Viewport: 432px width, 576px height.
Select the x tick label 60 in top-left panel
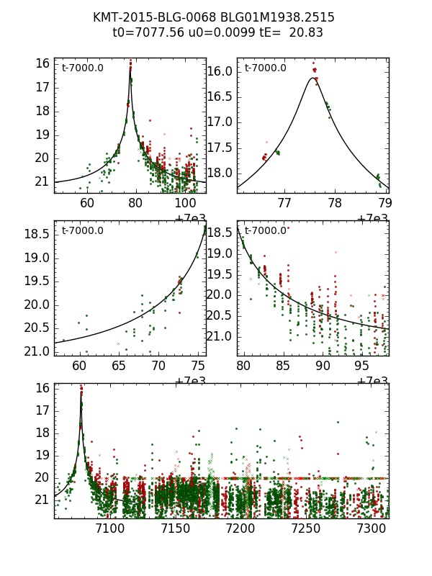[87, 204]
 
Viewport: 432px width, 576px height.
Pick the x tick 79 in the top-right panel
[385, 204]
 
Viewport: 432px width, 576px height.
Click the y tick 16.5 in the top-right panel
[222, 96]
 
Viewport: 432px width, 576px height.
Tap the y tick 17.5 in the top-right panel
[222, 148]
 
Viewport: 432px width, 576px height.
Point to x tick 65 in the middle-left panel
[119, 366]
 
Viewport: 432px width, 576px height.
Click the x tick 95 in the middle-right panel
[362, 366]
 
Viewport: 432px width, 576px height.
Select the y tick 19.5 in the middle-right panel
[222, 274]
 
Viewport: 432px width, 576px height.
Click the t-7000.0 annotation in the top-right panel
[265, 68]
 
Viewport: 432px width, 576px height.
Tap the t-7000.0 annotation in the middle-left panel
[82, 231]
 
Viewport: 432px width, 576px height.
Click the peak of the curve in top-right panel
[312, 78]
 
